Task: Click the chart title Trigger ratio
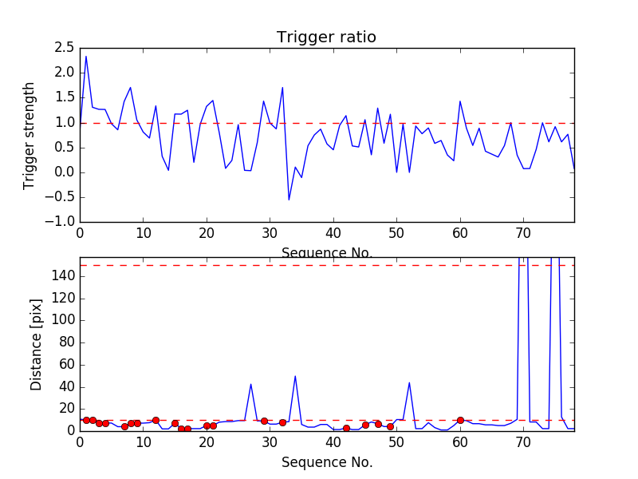(326, 38)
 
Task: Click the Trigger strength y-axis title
(30, 135)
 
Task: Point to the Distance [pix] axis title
(36, 344)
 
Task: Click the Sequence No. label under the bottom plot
(326, 462)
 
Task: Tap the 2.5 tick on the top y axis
(64, 47)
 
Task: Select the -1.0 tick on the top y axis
(61, 222)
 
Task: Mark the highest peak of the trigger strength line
(86, 56)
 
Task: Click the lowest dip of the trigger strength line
(289, 200)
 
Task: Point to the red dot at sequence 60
(460, 420)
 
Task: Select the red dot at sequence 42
(346, 428)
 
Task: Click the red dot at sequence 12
(156, 420)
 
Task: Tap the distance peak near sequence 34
(295, 376)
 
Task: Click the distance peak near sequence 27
(251, 384)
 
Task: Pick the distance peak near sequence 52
(409, 382)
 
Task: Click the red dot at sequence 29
(264, 421)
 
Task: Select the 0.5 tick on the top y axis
(64, 147)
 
